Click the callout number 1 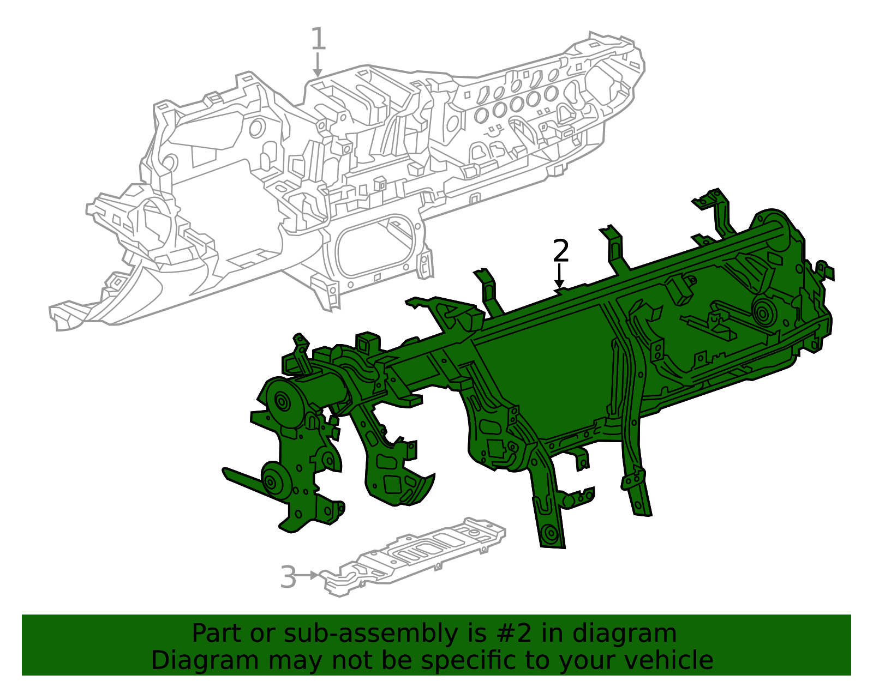pos(318,39)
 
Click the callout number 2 pos(561,250)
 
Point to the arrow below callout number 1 pos(318,65)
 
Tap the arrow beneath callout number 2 pos(559,276)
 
